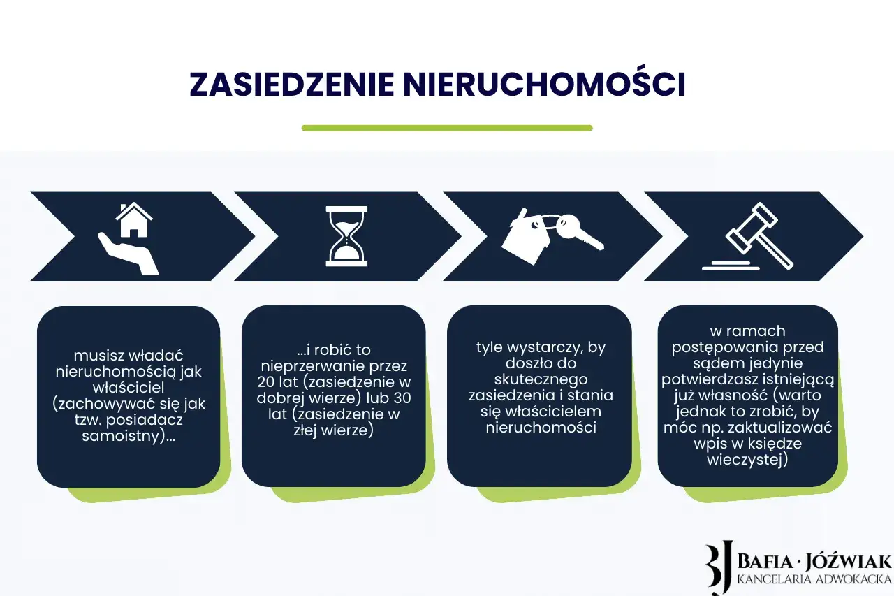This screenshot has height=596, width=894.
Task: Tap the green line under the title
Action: pyautogui.click(x=447, y=128)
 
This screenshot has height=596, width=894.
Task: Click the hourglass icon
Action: pyautogui.click(x=346, y=236)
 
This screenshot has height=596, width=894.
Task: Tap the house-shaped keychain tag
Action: pyautogui.click(x=527, y=236)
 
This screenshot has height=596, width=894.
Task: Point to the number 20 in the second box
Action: pyautogui.click(x=268, y=382)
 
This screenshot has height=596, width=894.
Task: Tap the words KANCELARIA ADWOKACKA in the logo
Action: pyautogui.click(x=814, y=579)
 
